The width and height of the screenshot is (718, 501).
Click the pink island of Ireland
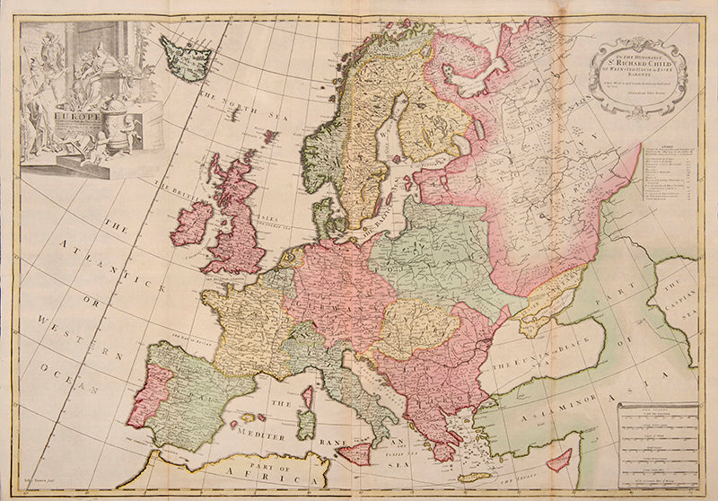(192, 224)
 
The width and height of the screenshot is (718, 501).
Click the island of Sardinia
(306, 423)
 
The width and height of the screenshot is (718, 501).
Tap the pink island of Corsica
(309, 395)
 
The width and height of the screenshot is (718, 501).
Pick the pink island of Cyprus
(559, 461)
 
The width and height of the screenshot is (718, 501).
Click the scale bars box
(659, 439)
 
